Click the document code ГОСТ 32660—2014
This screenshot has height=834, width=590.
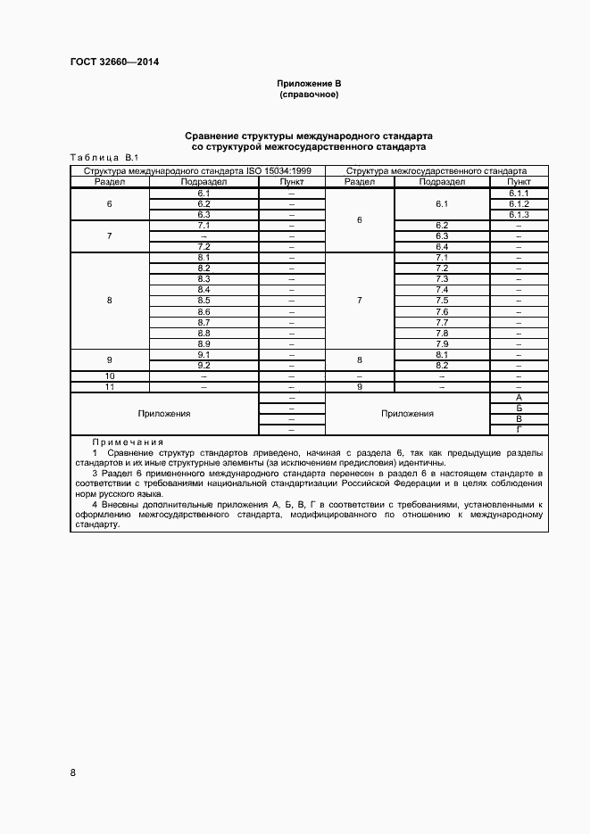coord(107,62)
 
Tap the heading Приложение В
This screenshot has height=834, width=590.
coord(309,84)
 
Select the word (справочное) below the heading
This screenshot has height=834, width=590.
coord(309,94)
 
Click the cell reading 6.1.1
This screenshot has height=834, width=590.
coord(519,194)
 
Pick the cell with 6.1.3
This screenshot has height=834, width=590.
coord(519,215)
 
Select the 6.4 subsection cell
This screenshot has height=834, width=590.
coord(441,247)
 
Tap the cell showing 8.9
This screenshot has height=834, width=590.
coord(204,343)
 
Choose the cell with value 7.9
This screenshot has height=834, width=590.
coord(441,343)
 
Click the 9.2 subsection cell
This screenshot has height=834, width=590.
coord(204,365)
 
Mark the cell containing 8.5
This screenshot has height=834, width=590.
coord(204,301)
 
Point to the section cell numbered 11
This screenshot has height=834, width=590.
coord(110,386)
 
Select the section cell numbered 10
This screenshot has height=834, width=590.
coord(110,376)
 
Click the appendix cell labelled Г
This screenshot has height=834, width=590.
coord(519,429)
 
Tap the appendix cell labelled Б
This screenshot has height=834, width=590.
coord(519,408)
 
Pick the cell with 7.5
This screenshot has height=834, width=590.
coord(441,301)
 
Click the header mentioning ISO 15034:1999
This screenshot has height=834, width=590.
coord(197,171)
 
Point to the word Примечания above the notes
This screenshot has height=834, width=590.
coord(128,442)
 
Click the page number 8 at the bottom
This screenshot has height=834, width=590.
coord(73,772)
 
